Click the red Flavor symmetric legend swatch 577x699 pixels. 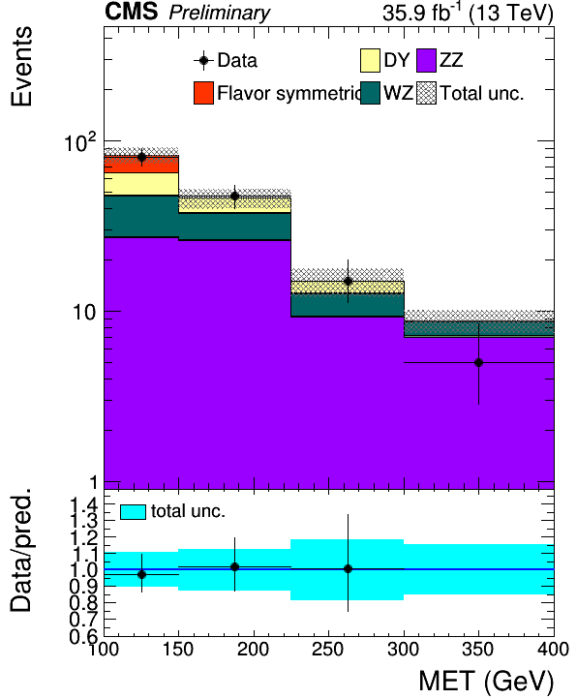[203, 93]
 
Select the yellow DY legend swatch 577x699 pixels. [370, 60]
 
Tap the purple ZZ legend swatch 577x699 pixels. [426, 60]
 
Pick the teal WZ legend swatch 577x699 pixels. [370, 93]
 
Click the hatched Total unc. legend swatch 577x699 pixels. [426, 93]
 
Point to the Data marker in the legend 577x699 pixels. [203, 61]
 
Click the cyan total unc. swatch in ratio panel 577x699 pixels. [133, 512]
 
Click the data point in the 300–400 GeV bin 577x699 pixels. [478, 363]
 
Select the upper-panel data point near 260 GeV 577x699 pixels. [348, 282]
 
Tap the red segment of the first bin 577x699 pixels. [141, 165]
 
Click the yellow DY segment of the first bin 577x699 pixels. [141, 184]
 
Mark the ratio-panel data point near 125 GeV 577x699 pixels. [141, 575]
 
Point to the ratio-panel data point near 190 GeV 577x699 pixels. [234, 567]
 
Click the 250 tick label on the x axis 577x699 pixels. [328, 650]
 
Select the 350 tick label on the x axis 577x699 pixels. [478, 650]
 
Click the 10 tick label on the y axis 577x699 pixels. [84, 313]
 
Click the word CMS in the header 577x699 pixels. [131, 12]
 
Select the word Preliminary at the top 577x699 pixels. [219, 13]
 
